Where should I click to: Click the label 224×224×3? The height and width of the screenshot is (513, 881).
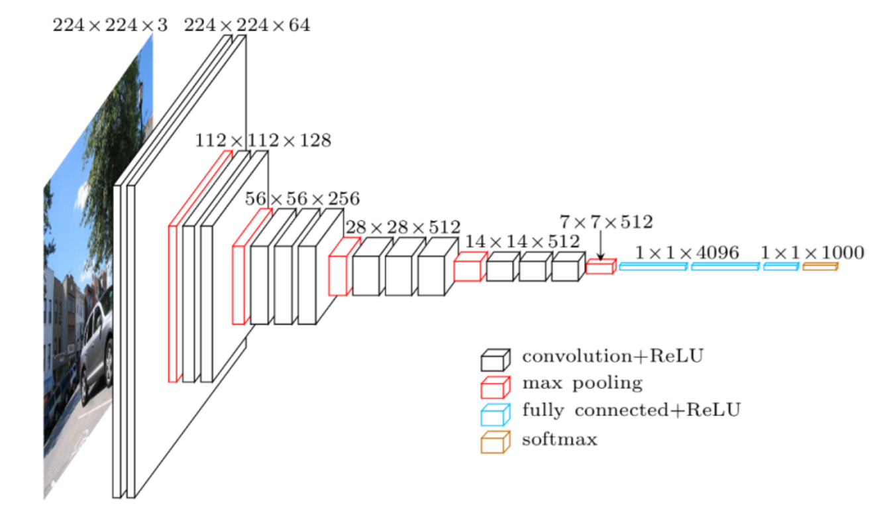point(109,26)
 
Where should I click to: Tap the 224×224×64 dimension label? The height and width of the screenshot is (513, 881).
point(246,26)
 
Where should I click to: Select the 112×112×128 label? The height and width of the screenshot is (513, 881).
point(263,141)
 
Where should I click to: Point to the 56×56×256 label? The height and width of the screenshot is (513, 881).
point(302,198)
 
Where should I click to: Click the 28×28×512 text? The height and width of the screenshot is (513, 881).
point(403,227)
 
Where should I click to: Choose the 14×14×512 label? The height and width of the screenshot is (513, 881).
point(522,241)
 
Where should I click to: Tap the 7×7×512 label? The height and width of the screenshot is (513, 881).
point(605,221)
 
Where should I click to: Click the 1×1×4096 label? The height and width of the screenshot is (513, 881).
point(687,252)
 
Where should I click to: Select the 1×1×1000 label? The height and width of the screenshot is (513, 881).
point(812,252)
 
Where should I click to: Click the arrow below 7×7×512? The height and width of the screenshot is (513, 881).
point(599,247)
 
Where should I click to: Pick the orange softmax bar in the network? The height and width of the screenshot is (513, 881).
point(820,266)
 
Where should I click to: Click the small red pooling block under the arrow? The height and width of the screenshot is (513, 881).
point(601,266)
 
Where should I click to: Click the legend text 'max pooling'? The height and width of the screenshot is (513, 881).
point(582,384)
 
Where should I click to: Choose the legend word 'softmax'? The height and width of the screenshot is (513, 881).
point(560,439)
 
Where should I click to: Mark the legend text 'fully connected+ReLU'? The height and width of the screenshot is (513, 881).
point(631,410)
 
